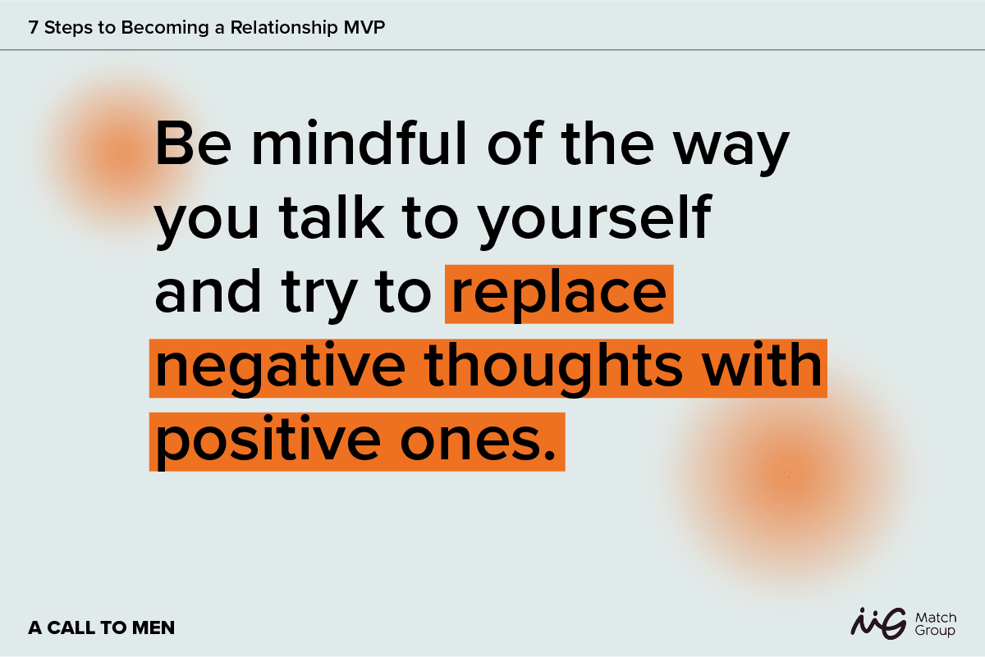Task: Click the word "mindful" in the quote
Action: (x=359, y=142)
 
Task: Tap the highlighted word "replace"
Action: (x=559, y=295)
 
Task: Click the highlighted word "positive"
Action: (x=268, y=442)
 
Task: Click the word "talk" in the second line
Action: (x=331, y=217)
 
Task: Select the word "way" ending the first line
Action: (x=731, y=149)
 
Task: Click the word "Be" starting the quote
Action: (x=194, y=144)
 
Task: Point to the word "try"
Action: (x=318, y=295)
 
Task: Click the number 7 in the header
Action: (x=33, y=27)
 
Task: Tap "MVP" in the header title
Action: (x=364, y=27)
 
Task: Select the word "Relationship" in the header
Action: (x=284, y=28)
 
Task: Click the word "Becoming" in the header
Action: (x=165, y=28)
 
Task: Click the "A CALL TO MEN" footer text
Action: (x=102, y=627)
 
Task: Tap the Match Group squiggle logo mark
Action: (x=878, y=623)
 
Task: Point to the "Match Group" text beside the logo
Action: (x=936, y=624)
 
